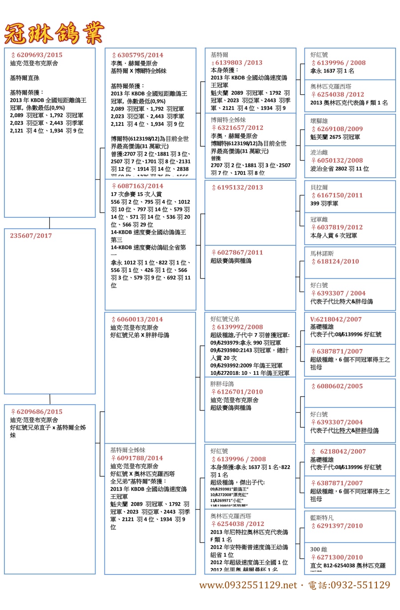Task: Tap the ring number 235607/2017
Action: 31,236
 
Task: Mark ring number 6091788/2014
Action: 140,458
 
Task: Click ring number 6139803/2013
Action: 239,63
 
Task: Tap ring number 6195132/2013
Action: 240,187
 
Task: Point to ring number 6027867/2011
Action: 240,252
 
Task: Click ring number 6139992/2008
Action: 240,327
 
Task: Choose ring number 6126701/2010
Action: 240,392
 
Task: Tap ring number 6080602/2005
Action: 340,387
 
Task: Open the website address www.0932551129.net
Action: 248,585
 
